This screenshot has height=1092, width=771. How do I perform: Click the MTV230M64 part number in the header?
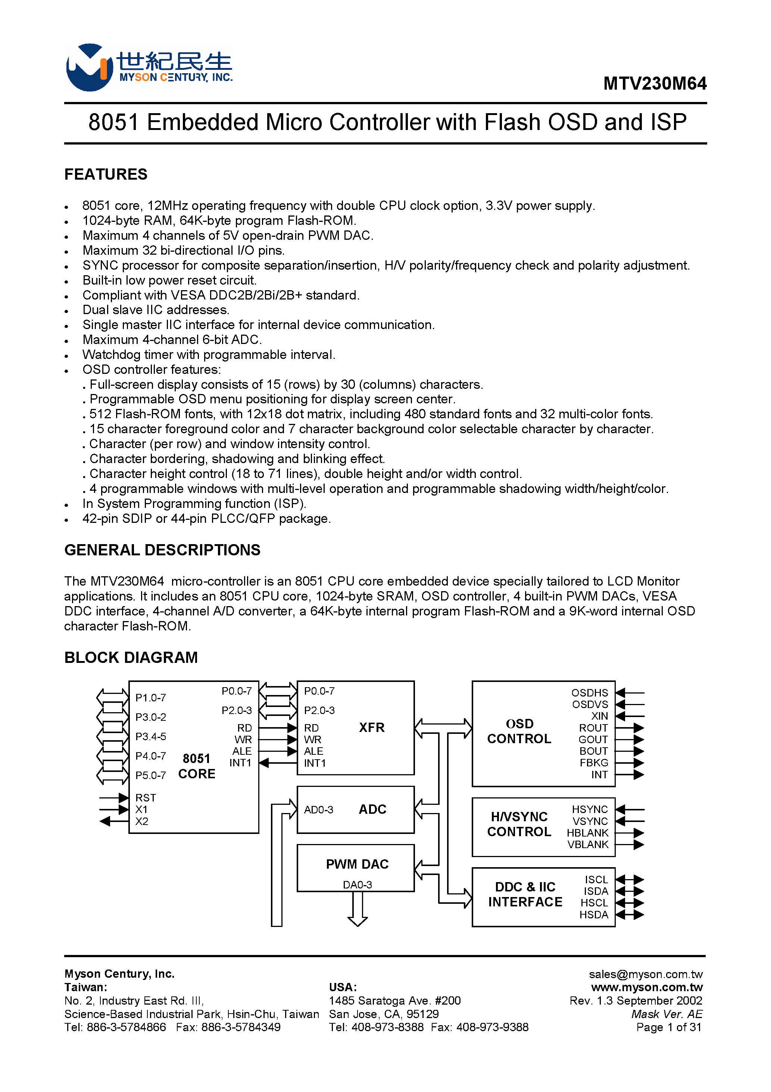(x=655, y=84)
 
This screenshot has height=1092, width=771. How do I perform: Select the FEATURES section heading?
(x=106, y=174)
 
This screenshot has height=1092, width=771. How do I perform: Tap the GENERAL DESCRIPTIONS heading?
(x=162, y=550)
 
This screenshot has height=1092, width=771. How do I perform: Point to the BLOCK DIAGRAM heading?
(x=131, y=657)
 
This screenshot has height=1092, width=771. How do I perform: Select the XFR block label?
(x=372, y=727)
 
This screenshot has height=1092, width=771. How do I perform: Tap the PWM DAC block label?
(x=357, y=864)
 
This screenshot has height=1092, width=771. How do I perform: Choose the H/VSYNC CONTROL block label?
(x=519, y=824)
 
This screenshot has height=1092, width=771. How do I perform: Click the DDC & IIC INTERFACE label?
(x=525, y=894)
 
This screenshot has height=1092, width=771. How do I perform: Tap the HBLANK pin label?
(x=587, y=833)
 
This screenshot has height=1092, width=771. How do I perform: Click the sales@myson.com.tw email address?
(x=646, y=974)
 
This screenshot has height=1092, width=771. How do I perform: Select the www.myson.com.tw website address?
(x=646, y=987)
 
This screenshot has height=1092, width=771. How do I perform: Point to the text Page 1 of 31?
(x=668, y=1027)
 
